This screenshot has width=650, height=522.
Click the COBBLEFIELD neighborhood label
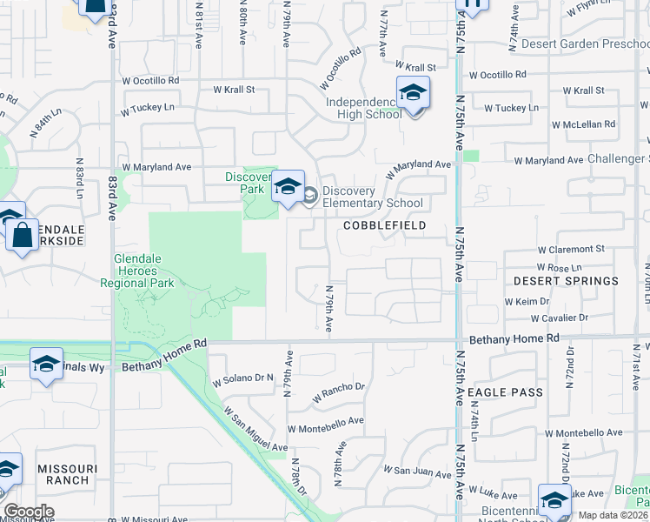pos(385,225)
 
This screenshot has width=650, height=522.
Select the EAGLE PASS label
pos(505,392)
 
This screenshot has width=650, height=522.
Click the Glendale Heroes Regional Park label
pos(144,271)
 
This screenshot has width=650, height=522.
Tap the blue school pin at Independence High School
pos(413,93)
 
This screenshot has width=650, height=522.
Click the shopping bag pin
pos(23,235)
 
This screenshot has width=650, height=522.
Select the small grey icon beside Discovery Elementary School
pos(309,197)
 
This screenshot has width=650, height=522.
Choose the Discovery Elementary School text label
pos(373,197)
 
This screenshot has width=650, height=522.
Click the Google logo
pos(29,511)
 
